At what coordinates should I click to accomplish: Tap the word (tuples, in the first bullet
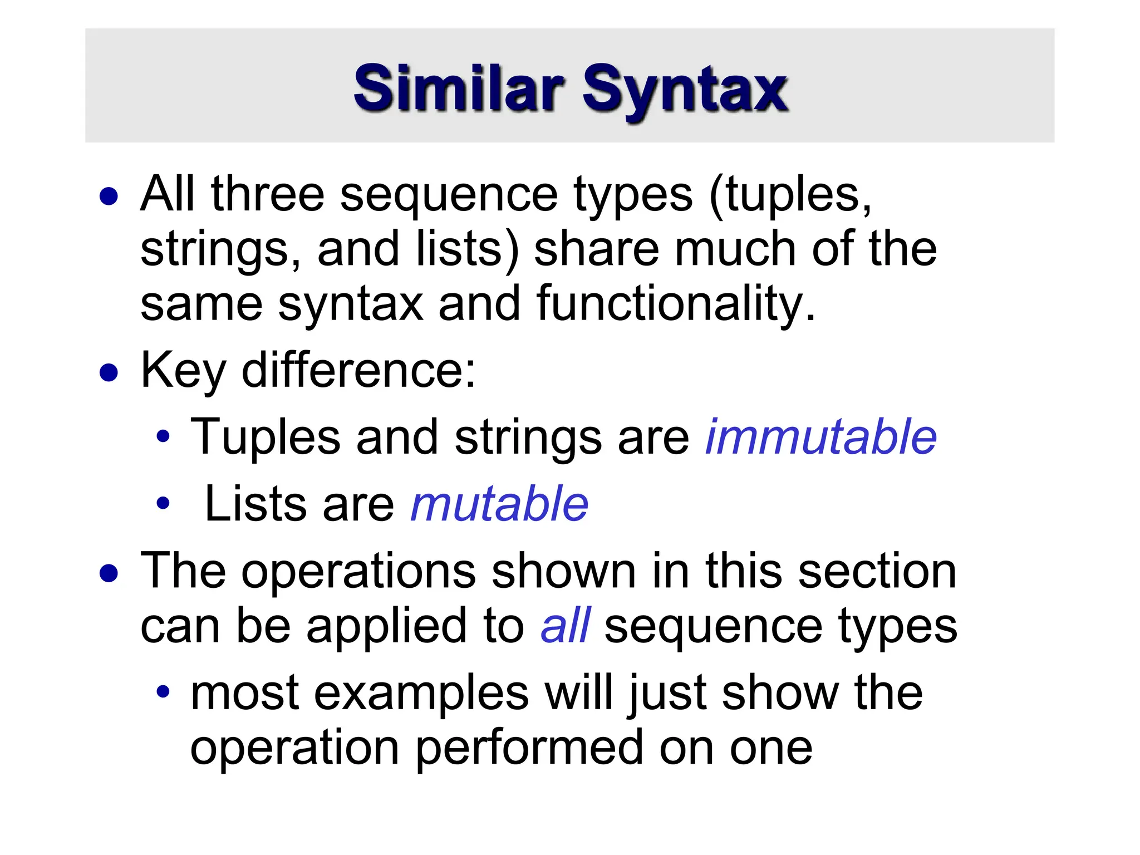click(790, 195)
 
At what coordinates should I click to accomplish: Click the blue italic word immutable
click(820, 438)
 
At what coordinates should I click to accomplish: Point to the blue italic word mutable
click(499, 504)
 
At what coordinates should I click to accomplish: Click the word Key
click(183, 372)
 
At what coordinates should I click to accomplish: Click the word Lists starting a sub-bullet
click(255, 504)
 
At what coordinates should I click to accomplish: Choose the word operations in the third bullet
click(358, 573)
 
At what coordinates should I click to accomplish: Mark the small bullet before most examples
click(163, 692)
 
